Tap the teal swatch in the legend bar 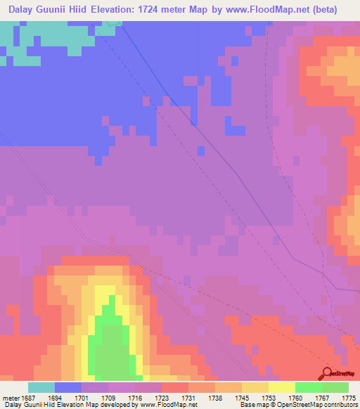click(x=41, y=387)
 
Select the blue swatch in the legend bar click(x=68, y=387)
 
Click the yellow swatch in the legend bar click(x=281, y=387)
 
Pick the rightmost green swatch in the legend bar click(x=335, y=387)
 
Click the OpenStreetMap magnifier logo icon click(x=328, y=373)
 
